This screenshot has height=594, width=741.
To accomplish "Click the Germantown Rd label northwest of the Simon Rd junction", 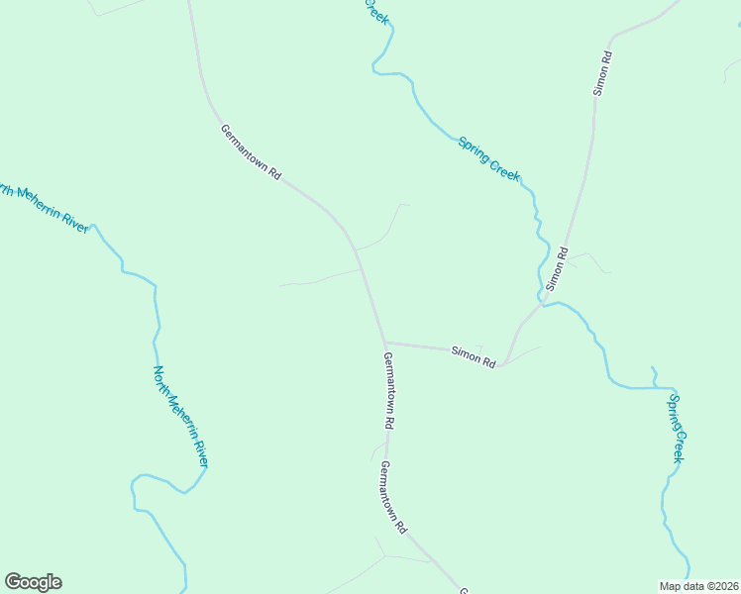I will click(x=251, y=151).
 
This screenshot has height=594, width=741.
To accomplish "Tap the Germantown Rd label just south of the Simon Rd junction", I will click(x=389, y=390).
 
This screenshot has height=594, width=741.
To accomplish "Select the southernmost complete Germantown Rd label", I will click(x=393, y=498).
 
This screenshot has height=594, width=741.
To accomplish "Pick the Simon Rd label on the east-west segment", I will click(x=473, y=356).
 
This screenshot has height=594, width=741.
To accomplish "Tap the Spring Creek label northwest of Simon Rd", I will click(x=488, y=157).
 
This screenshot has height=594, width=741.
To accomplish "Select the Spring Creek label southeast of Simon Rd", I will click(x=676, y=428).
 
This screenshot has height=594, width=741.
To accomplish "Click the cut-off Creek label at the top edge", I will click(x=377, y=13).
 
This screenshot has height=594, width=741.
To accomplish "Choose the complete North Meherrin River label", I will click(x=180, y=417).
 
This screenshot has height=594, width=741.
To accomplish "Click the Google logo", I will click(x=33, y=582).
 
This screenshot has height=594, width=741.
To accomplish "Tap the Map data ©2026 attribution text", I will click(x=698, y=585).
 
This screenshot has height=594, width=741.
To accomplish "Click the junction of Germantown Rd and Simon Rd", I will click(x=383, y=343).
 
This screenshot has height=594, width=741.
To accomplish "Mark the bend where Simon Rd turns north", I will click(x=502, y=364).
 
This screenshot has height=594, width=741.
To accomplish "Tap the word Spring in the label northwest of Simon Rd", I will click(x=474, y=147).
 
